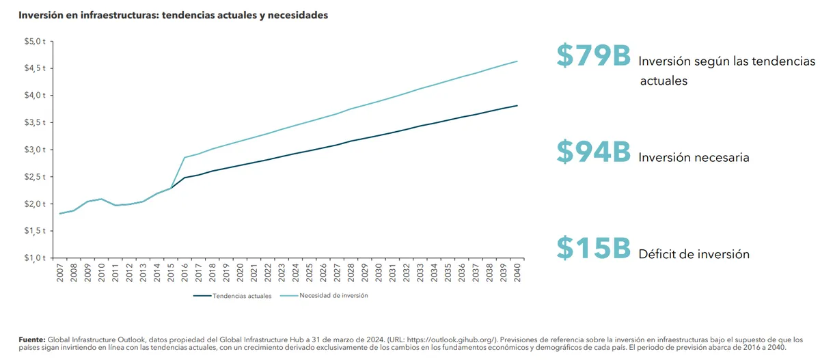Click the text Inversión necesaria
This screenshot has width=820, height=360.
pos(694,158)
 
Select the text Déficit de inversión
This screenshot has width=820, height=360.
pos(694,254)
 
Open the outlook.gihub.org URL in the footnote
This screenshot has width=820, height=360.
pos(461,339)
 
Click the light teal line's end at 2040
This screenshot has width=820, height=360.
pos(517,61)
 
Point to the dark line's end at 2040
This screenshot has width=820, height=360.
pos(517,105)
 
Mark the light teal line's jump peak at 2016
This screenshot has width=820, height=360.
pos(184,158)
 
